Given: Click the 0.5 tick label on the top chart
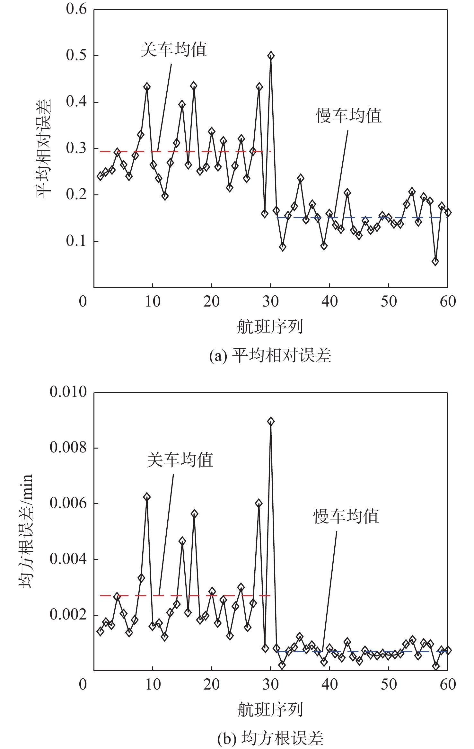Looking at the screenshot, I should pos(76,56).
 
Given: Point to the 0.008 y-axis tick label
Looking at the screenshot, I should pos(68,447).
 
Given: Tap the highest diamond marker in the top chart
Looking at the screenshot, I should pos(271,56).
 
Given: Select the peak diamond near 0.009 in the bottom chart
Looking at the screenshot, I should pos(271,421).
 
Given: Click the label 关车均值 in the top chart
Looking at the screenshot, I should pos(174,50).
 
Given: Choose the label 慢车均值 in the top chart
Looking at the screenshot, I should pos(349,116).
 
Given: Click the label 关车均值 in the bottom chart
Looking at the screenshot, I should pos(180,460).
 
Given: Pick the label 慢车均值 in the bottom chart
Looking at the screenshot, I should pos(346,517).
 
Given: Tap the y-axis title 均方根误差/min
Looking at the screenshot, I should pos(26,531).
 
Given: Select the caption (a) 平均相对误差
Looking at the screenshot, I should pos(270,356).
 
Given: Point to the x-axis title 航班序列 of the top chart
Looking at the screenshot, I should pos(270,327).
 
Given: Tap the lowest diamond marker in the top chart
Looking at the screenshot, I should pos(435,262).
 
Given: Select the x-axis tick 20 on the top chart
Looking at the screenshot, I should pos(211,301).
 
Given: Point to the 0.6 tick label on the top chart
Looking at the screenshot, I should pos(76,9).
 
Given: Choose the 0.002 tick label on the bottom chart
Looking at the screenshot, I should pos(68,614).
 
